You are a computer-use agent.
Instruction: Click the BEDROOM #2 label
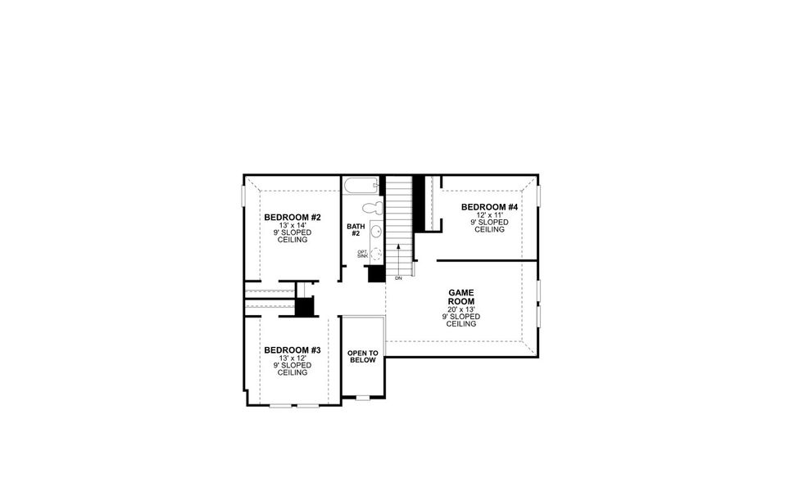coord(292,218)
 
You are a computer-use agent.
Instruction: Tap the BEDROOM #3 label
coord(292,350)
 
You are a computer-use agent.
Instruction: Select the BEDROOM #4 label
coord(489,207)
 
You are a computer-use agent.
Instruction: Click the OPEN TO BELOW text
coord(362,356)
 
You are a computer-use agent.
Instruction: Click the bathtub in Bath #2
coord(361,184)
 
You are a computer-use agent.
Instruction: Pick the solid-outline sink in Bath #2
coord(376,232)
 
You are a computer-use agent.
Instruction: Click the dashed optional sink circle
coord(376,253)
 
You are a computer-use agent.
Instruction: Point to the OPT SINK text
coord(362,254)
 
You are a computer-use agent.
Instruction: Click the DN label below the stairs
coord(398,279)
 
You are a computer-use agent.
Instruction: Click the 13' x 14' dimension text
coord(292,226)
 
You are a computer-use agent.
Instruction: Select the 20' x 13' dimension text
coord(462,309)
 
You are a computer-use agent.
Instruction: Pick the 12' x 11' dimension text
coord(489,215)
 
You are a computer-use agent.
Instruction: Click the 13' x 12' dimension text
coord(292,358)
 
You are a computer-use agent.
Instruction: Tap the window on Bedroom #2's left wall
coord(244,196)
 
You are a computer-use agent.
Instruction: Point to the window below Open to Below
coord(362,398)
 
